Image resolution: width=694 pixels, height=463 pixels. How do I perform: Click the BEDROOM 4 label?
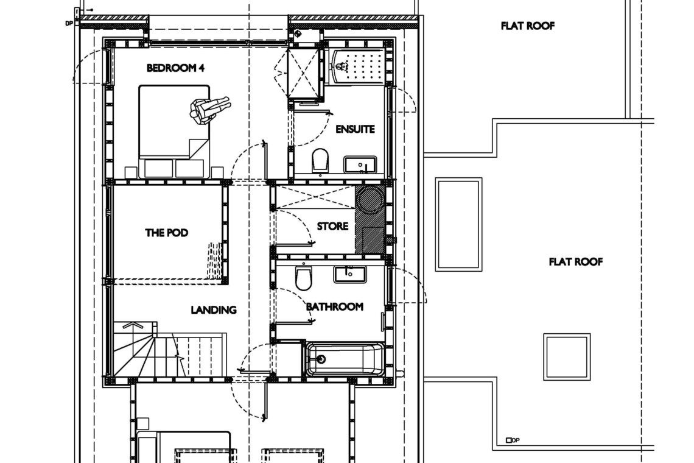[x=175, y=68]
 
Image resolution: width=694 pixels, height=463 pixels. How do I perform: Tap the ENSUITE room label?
[x=355, y=129]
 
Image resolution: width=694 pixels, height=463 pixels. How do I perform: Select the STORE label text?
[x=332, y=227]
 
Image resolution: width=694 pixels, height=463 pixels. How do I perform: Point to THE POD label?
[x=166, y=233]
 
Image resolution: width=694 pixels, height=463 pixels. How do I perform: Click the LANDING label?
[x=213, y=309]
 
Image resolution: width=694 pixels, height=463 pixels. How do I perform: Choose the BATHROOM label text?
[x=335, y=306]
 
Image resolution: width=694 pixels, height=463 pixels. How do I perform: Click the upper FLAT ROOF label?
[x=528, y=26]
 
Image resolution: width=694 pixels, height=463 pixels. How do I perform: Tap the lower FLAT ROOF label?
[x=576, y=262]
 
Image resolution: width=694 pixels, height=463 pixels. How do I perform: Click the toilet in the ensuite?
[x=320, y=160]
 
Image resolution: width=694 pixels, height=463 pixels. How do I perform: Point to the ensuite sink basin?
[x=360, y=165]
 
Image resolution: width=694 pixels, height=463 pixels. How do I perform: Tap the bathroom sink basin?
[x=349, y=274]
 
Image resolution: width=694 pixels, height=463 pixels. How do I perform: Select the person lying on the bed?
[x=210, y=108]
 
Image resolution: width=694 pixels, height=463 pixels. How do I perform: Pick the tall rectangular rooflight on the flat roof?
[x=458, y=224]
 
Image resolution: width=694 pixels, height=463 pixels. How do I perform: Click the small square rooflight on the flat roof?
[x=567, y=357]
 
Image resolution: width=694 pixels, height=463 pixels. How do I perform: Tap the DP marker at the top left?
[x=69, y=23]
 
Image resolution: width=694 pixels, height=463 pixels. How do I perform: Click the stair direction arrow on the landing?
[x=133, y=326]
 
